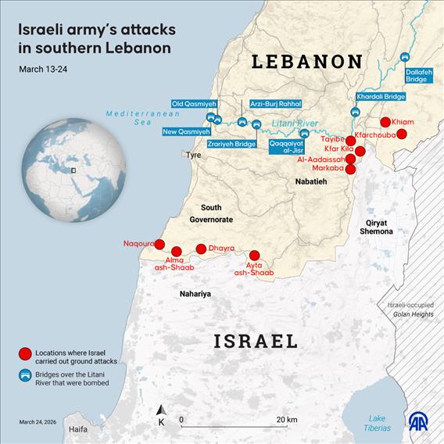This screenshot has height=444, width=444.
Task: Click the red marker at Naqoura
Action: [159, 244]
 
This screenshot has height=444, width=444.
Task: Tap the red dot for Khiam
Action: [385, 122]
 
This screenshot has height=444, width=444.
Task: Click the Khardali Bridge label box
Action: [381, 96]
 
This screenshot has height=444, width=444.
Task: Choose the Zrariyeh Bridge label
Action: [231, 144]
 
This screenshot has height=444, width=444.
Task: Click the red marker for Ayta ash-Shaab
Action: [254, 255]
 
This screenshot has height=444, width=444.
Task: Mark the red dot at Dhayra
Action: [201, 249]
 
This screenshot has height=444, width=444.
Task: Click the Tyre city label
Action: [192, 155]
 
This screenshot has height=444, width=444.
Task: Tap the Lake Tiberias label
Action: [378, 423]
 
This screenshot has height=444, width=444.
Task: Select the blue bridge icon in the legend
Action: [25, 377]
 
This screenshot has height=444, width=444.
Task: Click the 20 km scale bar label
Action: [286, 420]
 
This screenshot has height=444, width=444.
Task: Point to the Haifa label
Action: [77, 429]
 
